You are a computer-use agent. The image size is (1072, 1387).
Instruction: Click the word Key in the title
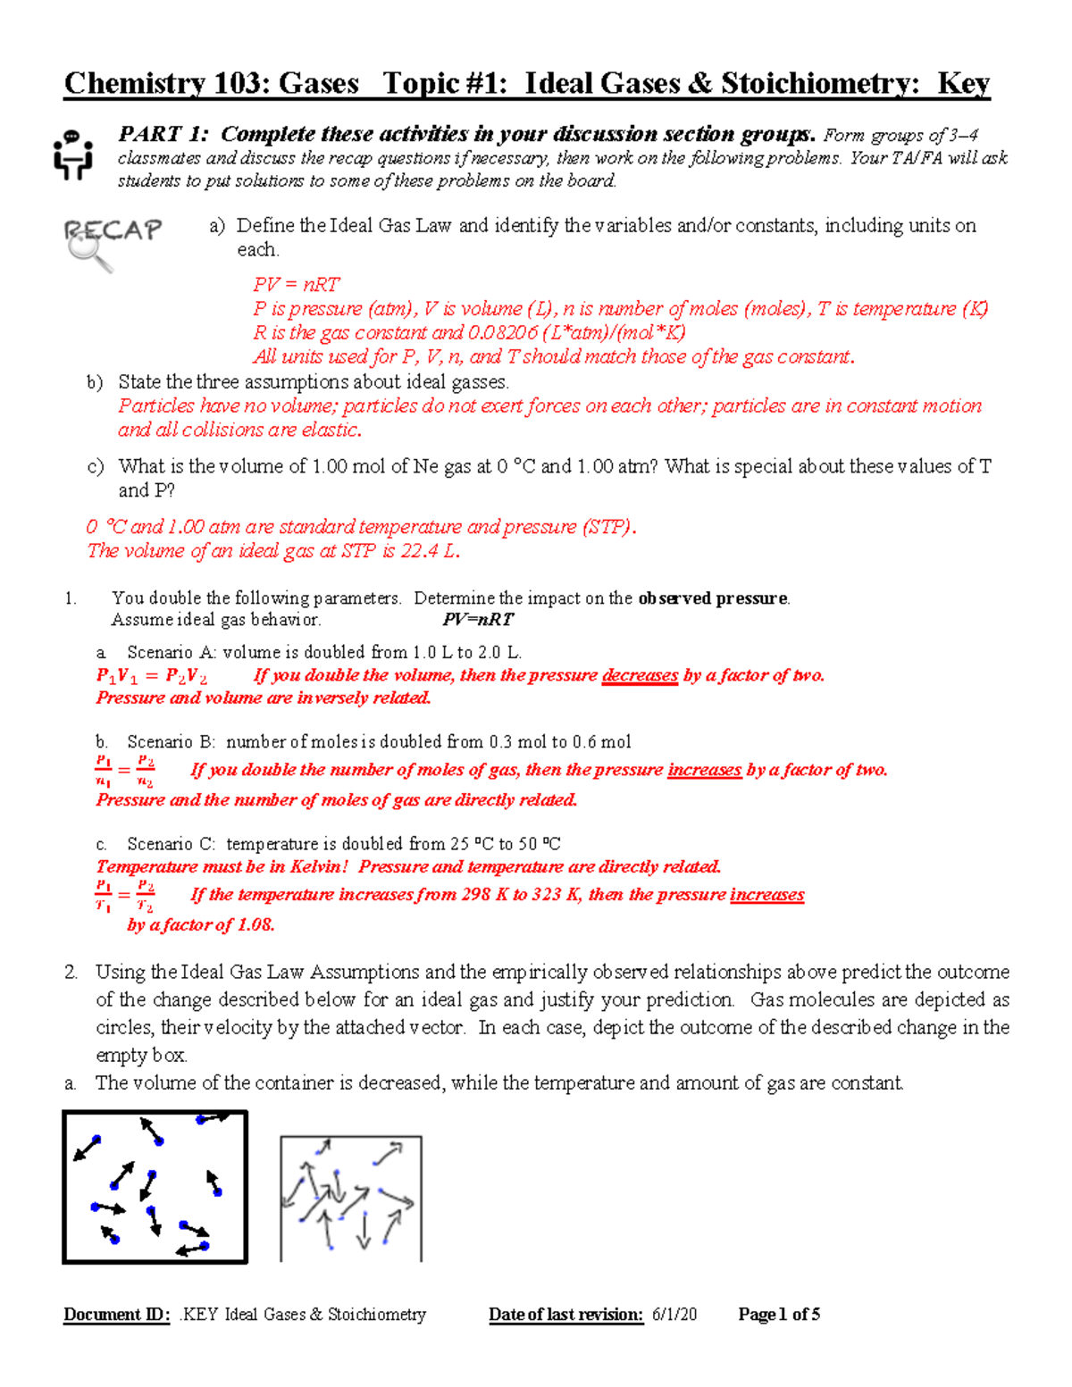tap(963, 84)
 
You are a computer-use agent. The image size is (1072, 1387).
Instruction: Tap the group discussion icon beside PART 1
tap(72, 155)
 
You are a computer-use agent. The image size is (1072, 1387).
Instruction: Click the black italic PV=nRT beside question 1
tap(478, 620)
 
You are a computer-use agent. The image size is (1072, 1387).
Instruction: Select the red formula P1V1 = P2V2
tap(152, 676)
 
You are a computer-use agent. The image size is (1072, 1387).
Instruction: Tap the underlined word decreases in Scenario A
tap(640, 675)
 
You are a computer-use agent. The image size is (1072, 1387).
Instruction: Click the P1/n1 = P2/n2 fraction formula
tap(125, 771)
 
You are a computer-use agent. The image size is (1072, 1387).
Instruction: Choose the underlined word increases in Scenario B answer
tap(704, 770)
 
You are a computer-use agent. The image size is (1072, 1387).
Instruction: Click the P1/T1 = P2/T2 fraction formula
tap(125, 896)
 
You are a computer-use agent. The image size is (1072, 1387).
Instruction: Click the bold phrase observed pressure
tap(713, 598)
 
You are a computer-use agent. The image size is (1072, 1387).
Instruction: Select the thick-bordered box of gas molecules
tap(155, 1187)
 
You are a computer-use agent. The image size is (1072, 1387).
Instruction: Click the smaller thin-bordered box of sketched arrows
tap(351, 1198)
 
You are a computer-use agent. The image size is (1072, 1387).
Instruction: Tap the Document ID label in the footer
tap(116, 1315)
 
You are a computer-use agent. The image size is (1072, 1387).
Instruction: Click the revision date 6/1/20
tap(674, 1315)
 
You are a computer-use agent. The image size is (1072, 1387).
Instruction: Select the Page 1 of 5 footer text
tap(779, 1315)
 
